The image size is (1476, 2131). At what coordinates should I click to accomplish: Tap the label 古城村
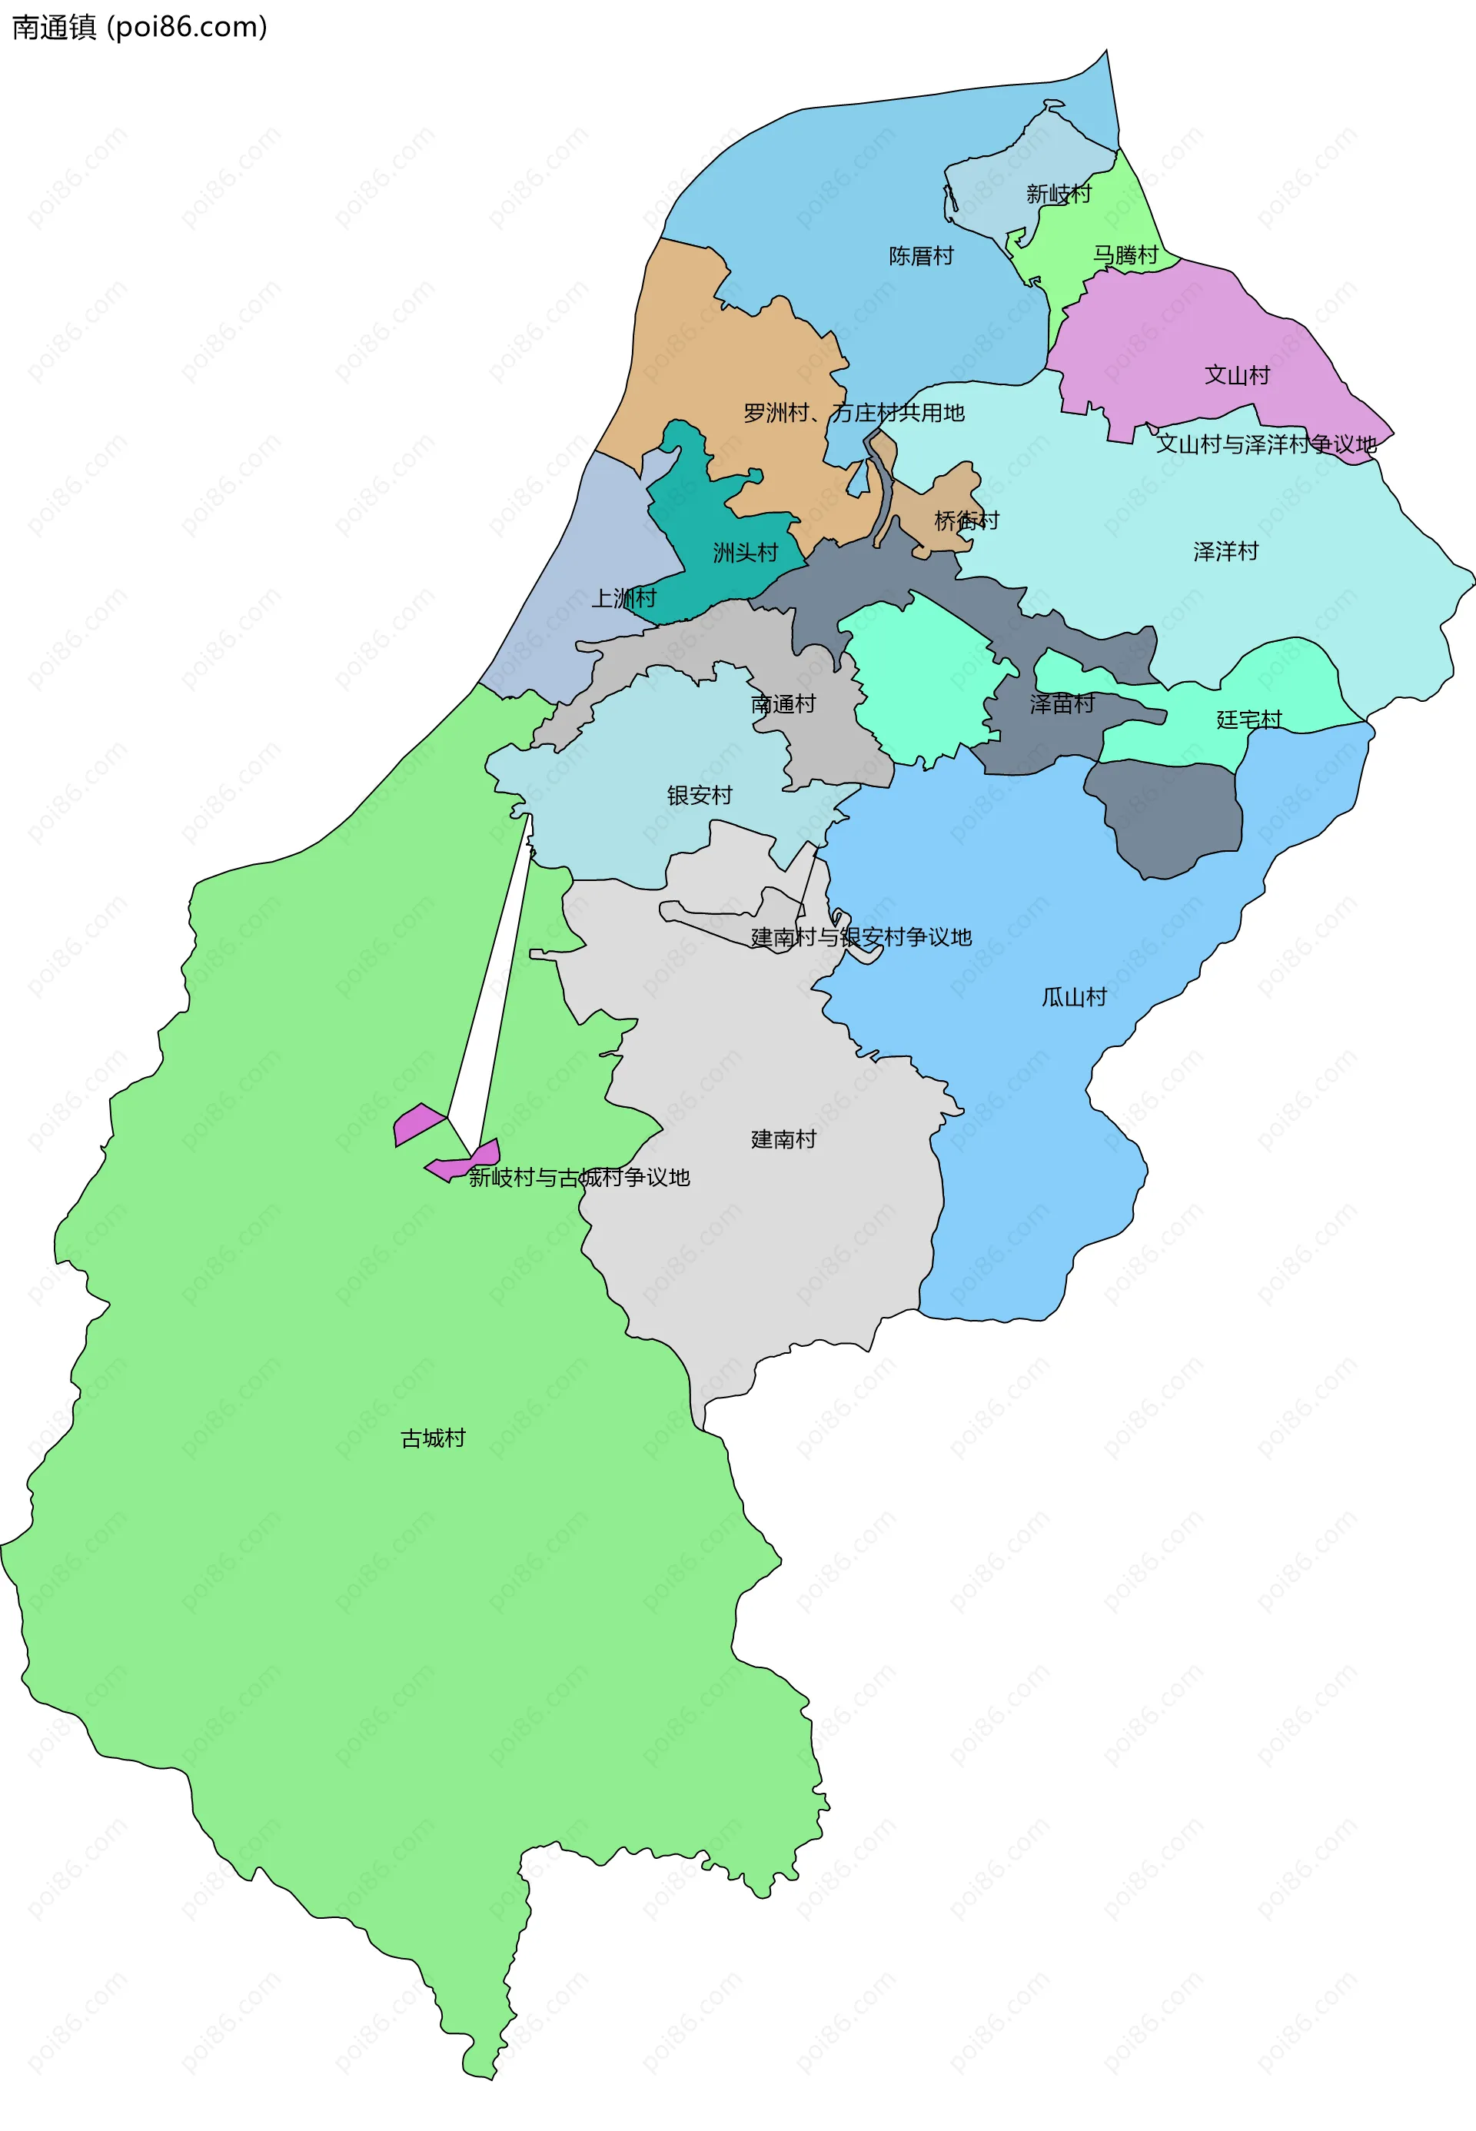(432, 1438)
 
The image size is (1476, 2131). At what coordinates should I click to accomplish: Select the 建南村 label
(783, 1139)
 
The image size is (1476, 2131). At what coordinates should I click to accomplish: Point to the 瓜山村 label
(1074, 997)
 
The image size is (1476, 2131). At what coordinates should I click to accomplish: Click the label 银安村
(699, 796)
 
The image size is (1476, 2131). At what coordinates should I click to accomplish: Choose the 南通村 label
(783, 704)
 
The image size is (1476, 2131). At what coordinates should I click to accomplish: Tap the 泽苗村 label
(1062, 704)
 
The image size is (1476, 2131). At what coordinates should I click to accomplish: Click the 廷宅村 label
(1248, 720)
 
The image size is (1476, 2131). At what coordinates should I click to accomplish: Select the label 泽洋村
(1225, 552)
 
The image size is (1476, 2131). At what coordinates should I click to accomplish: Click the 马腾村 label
(1125, 255)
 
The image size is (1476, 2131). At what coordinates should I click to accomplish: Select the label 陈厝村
(920, 256)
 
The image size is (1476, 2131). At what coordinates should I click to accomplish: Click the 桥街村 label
(966, 520)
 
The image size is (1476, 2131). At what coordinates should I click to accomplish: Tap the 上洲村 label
(623, 598)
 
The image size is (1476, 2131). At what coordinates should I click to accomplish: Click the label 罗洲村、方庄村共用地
(853, 414)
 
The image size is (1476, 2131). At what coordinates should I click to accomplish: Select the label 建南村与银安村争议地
(861, 937)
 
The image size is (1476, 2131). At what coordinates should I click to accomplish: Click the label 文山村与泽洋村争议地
(1266, 445)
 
